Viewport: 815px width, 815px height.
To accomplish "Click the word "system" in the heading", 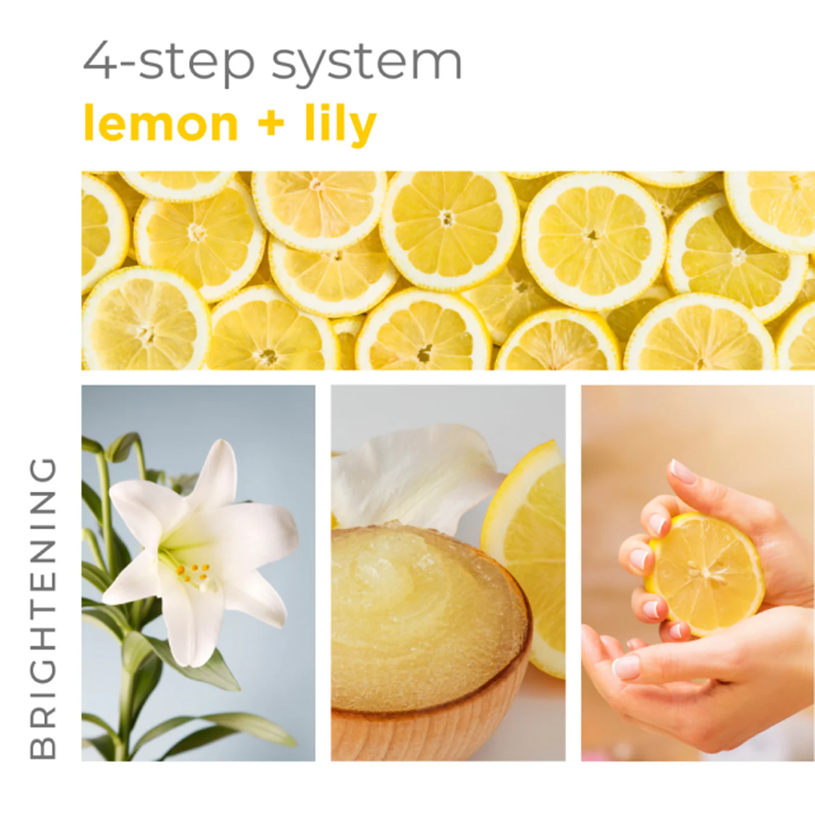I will point(366,63).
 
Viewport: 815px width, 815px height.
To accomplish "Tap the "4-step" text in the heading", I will point(168,62).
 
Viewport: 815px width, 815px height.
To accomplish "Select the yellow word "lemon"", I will point(161,124).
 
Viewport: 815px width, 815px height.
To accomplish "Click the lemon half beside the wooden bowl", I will point(533,545).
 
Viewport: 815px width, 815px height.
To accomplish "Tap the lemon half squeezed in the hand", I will point(705,572).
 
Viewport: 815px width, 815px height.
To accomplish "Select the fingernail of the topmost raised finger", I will point(684,472).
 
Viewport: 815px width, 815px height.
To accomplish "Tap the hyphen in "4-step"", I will point(127,63).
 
